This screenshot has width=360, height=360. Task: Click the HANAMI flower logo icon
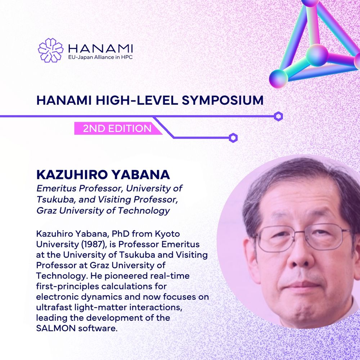pos(50,50)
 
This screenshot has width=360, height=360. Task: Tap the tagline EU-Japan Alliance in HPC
pos(100,57)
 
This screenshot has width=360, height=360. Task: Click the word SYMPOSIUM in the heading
pos(222,100)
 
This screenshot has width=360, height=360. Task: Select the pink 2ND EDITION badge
pos(118,129)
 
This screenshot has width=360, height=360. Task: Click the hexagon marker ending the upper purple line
pos(278,116)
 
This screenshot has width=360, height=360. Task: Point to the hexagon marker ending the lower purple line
pos(233,138)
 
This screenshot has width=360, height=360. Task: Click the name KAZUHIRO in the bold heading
pos(72,175)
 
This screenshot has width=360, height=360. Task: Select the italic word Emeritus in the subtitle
pos(57,188)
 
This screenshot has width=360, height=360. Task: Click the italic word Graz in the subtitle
pos(46,211)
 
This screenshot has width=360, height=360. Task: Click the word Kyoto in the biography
pos(167,234)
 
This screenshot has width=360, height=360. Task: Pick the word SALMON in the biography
pos(56,328)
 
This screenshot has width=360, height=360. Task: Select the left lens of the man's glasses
pos(273,239)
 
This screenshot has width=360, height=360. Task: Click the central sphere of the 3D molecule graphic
pos(317,55)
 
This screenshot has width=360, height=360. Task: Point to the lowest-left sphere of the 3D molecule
pos(279,79)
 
